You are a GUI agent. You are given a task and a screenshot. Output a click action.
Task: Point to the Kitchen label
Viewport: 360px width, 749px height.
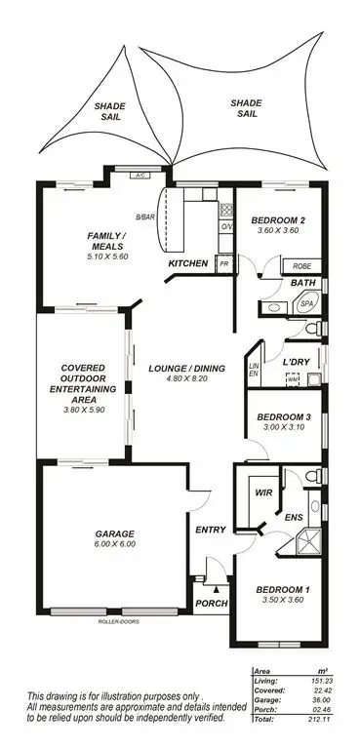(188, 264)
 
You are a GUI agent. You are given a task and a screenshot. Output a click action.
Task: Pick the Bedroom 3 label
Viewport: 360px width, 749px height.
(282, 417)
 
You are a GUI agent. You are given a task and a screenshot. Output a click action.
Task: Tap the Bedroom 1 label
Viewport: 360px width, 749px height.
(283, 590)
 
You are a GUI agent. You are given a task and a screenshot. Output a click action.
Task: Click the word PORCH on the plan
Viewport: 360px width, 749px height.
(212, 604)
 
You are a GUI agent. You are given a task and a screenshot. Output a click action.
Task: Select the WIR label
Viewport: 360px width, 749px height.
(260, 493)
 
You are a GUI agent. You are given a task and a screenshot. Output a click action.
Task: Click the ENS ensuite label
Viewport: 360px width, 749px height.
(293, 518)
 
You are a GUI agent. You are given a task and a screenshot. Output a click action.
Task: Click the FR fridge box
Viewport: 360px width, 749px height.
(223, 264)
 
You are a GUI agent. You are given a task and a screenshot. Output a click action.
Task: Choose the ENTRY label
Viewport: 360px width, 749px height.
(211, 530)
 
